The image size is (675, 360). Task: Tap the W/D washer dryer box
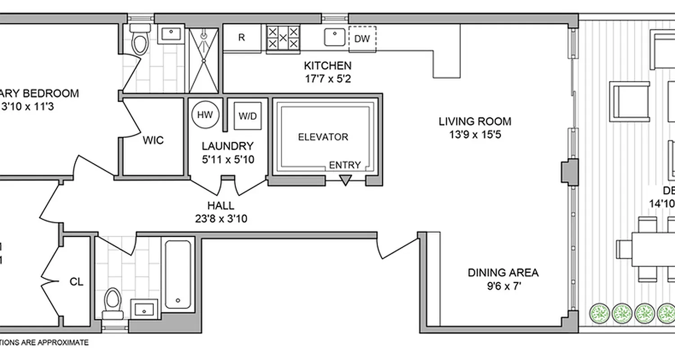point(247,116)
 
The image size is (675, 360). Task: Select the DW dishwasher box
point(362,39)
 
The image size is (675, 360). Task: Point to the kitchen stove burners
point(283,38)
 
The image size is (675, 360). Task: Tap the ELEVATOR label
point(323,137)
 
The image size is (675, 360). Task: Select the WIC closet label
point(153,140)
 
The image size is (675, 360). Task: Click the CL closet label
point(76,282)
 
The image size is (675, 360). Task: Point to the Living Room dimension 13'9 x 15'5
point(475,135)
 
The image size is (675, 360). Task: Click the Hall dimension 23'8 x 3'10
point(221,219)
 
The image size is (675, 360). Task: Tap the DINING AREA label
point(503,273)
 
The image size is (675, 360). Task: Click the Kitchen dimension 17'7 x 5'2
point(327,79)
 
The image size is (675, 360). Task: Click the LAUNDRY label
point(227,146)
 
